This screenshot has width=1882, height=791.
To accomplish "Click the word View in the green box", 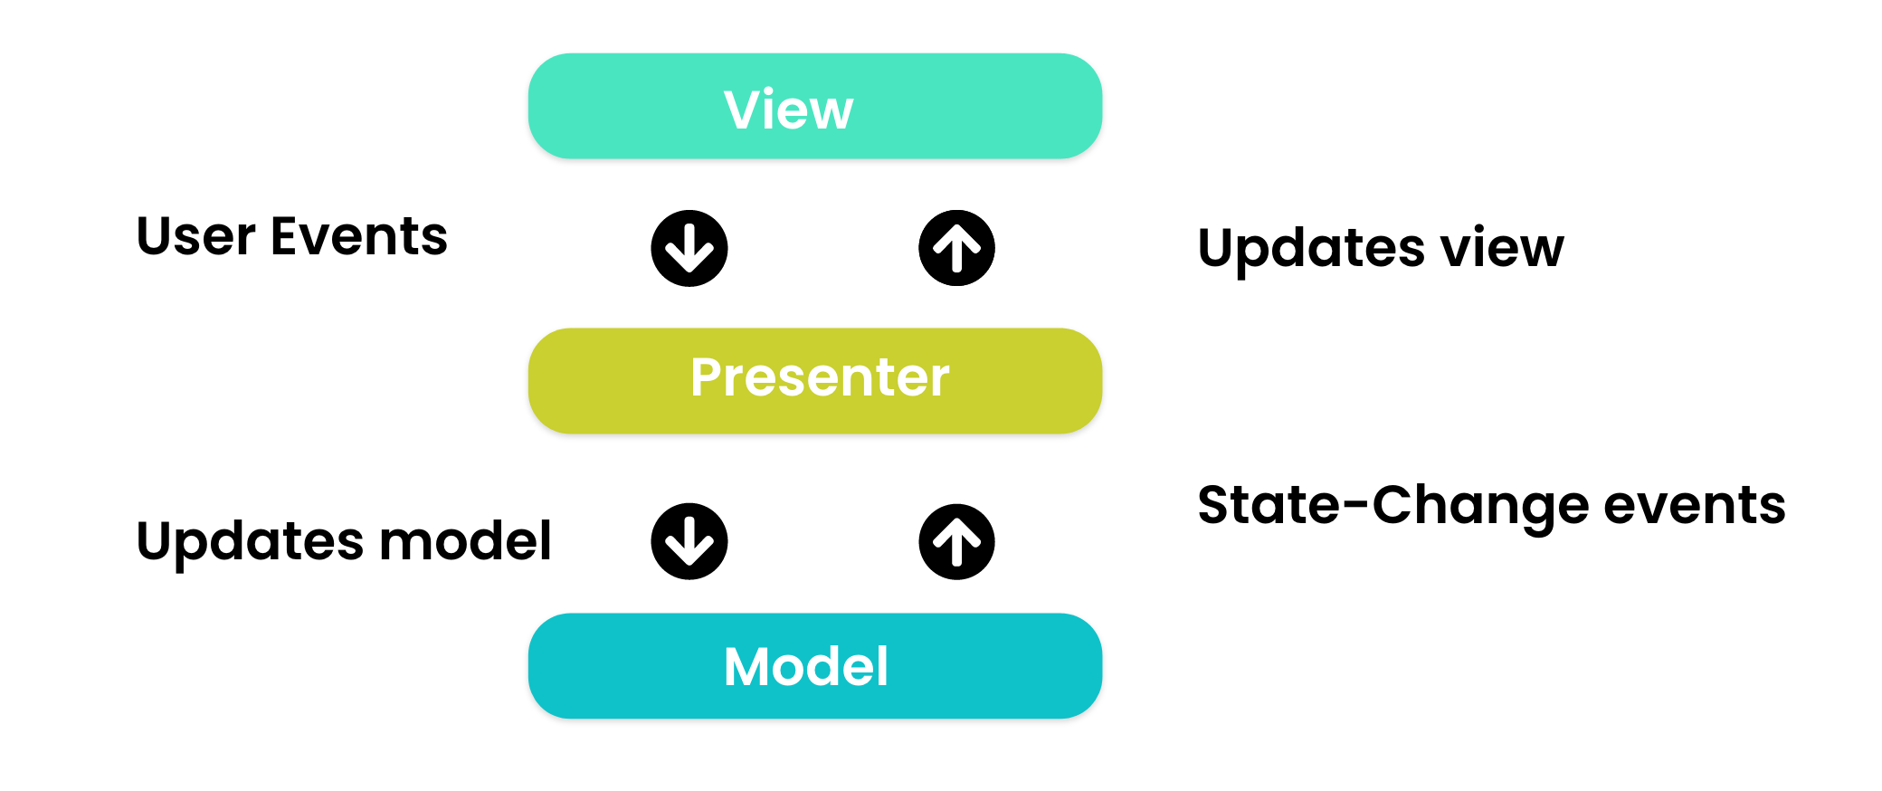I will [x=788, y=110].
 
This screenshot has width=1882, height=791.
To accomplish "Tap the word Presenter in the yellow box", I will [x=820, y=377].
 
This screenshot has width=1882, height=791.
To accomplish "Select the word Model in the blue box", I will [x=805, y=667].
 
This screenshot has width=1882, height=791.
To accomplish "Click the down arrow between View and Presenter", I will [x=689, y=249].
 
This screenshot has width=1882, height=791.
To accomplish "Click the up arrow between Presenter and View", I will [x=956, y=249].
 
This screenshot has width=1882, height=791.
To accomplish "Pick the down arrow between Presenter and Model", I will [x=689, y=541].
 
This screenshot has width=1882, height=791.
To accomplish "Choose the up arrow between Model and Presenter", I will [x=956, y=542].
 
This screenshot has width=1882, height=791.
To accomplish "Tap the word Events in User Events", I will [x=359, y=236].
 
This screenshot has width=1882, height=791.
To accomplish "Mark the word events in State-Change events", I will [x=1695, y=505].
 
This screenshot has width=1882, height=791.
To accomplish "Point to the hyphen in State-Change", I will [x=1356, y=507].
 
